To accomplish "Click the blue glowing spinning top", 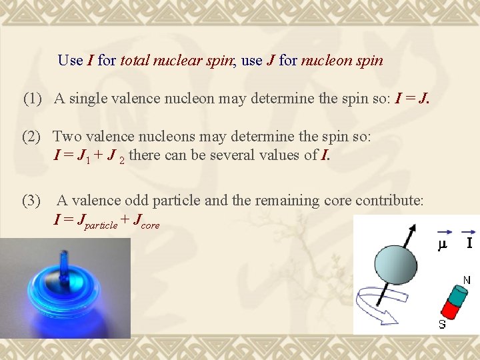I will click(x=64, y=287).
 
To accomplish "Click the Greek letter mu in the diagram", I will click(x=441, y=245).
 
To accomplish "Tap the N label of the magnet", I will click(x=467, y=281).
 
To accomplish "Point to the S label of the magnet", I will click(x=441, y=325).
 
